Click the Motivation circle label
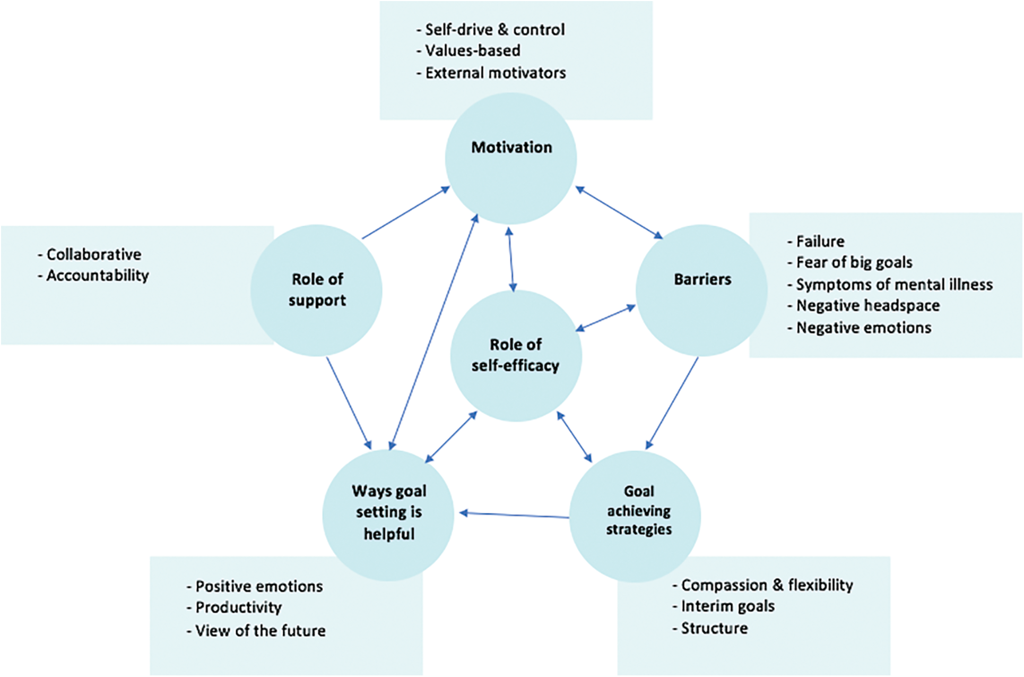[x=511, y=147]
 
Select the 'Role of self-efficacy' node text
[x=515, y=355]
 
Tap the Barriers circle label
[x=702, y=279]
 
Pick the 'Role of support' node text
[x=317, y=289]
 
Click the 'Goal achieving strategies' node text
[x=638, y=510]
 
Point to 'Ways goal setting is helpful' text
[x=388, y=512]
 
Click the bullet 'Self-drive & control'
[x=494, y=30]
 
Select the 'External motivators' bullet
[x=495, y=73]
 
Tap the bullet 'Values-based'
[x=472, y=51]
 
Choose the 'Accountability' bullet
[x=97, y=276]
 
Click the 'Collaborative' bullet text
[x=93, y=254]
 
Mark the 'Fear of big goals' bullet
[x=854, y=262]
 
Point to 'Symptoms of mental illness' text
[x=894, y=285]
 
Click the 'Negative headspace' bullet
[x=867, y=306]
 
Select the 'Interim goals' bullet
[x=727, y=606]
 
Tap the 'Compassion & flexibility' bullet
[x=767, y=585]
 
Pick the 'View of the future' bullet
[x=260, y=631]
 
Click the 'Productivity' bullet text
[x=238, y=607]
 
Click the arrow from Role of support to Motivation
[x=405, y=213]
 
